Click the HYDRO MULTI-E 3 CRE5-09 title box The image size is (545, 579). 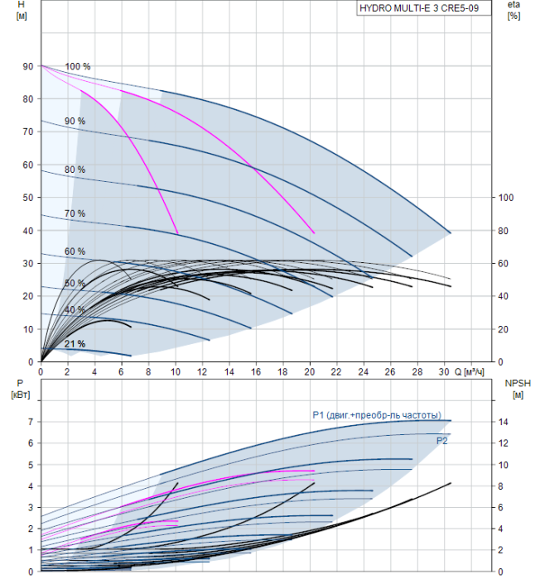424,8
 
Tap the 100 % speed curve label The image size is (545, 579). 78,66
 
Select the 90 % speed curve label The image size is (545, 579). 75,121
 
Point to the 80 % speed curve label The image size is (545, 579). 75,170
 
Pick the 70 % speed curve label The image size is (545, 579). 75,213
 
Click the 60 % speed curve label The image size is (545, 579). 75,251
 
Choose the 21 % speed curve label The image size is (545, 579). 75,344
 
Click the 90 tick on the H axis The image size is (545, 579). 28,66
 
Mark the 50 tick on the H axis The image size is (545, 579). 28,198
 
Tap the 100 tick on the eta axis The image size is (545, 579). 506,198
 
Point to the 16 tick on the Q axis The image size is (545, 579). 256,371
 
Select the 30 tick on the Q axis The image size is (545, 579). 444,371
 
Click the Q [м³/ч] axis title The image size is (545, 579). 469,371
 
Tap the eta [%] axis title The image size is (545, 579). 514,10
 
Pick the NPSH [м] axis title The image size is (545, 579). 518,389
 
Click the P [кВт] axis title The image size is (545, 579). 21,389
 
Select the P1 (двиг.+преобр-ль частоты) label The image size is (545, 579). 377,415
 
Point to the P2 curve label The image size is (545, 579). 441,441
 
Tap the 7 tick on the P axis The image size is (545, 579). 31,422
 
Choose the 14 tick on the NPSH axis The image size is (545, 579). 504,422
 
